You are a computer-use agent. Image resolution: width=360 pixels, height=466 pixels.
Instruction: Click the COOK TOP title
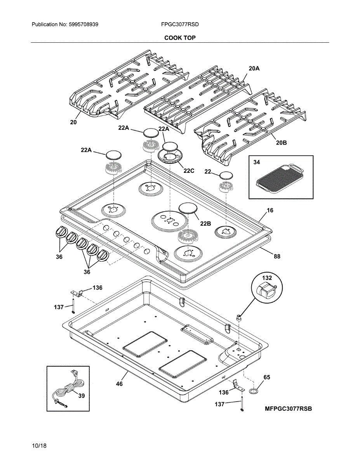pos(180,38)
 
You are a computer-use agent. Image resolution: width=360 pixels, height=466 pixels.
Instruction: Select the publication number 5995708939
pos(83,24)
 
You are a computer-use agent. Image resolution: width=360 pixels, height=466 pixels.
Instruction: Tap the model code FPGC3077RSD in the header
pos(180,24)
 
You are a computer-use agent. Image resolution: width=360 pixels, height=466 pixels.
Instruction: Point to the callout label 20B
pos(281,143)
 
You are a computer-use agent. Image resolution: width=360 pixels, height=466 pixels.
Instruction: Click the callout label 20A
pos(254,68)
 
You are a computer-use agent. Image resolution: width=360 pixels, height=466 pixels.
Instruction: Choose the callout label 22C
pos(189,171)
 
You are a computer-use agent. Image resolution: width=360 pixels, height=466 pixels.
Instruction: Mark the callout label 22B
pos(205,224)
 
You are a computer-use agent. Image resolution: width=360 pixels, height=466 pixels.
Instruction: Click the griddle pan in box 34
pos(280,178)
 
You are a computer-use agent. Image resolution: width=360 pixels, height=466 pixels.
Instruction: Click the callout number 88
pos(277,256)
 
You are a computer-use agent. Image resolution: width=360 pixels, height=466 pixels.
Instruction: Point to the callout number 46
pos(119,384)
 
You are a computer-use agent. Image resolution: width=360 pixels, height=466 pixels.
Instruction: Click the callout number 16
pos(270,210)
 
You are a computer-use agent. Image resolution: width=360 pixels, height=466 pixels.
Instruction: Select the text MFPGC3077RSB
pos(289,409)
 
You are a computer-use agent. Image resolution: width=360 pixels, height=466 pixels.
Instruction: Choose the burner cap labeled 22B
pos(188,208)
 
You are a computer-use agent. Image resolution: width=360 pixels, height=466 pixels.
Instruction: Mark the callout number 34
pos(257,162)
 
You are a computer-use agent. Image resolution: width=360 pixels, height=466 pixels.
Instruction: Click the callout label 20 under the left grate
pos(73,122)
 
